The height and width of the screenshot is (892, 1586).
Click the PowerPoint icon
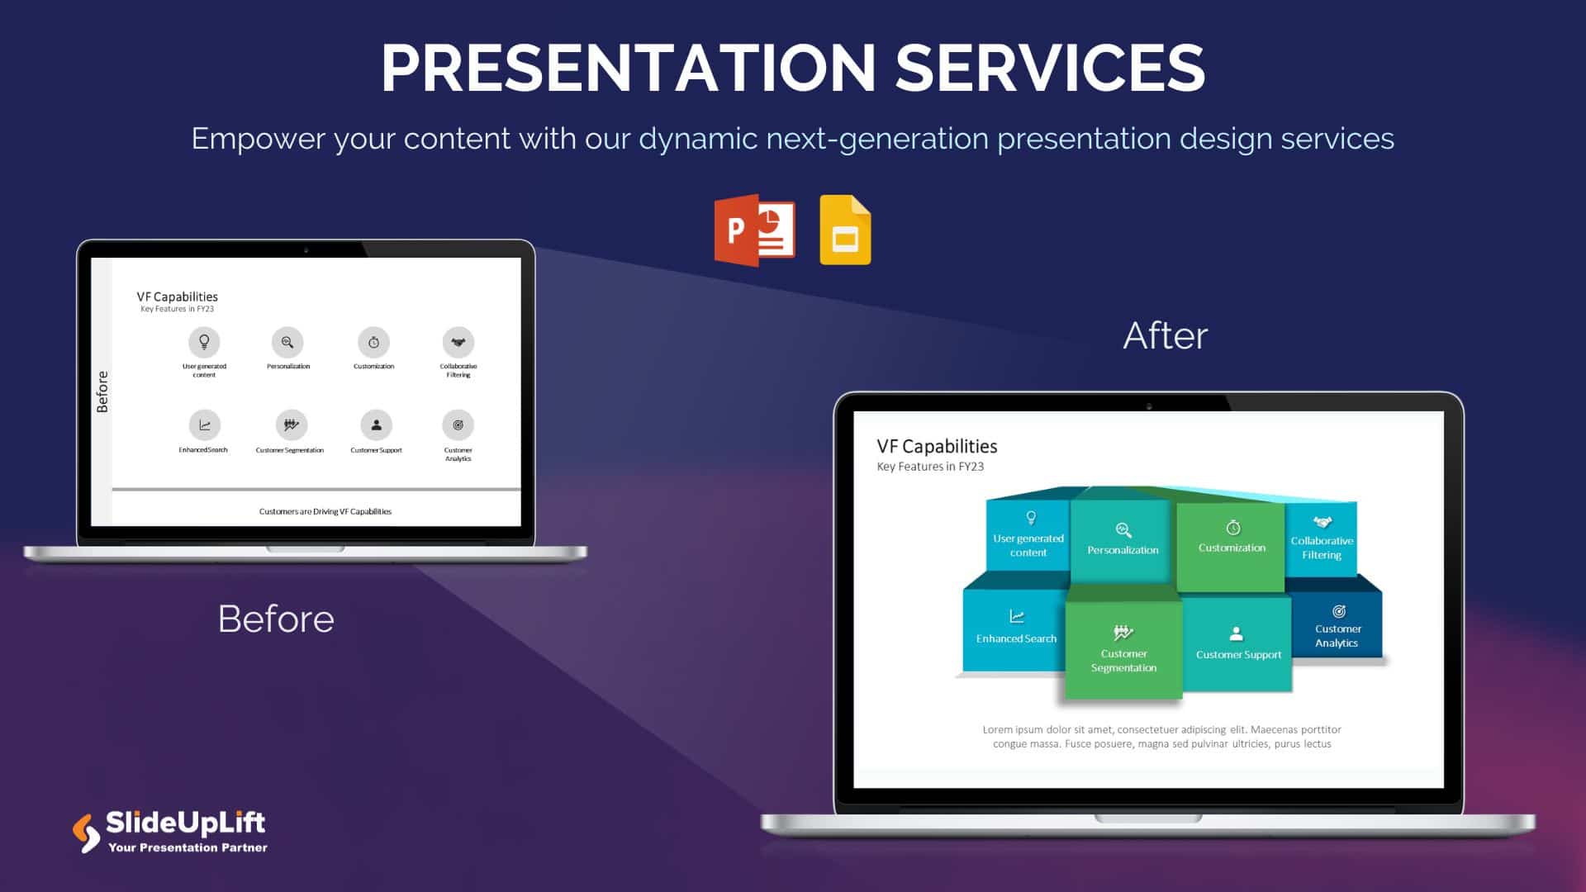pos(754,230)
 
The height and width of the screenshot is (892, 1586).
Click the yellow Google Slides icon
pos(845,231)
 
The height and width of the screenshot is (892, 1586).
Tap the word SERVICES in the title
pos(1050,68)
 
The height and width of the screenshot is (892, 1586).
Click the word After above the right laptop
pos(1165,335)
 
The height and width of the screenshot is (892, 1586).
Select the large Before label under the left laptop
pos(276,619)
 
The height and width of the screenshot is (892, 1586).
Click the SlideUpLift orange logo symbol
pos(86,833)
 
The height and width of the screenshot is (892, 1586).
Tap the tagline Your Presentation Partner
pos(188,847)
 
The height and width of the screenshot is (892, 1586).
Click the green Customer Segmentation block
pos(1123,649)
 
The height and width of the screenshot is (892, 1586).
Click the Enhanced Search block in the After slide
pos(1015,629)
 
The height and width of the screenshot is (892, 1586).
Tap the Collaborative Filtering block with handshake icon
pos(1321,539)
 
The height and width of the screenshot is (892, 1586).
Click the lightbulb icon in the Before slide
pos(204,342)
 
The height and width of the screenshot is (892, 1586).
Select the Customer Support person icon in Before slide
pos(376,425)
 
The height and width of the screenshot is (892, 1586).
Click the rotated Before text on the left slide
pos(102,391)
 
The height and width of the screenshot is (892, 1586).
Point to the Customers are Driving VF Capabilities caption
pos(325,511)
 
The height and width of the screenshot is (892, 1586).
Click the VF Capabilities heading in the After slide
pos(937,447)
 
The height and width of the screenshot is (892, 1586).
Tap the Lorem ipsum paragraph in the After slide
pos(1161,737)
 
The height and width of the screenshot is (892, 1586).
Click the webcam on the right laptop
pos(1149,406)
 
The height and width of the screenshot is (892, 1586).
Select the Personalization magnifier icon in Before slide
pos(287,342)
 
